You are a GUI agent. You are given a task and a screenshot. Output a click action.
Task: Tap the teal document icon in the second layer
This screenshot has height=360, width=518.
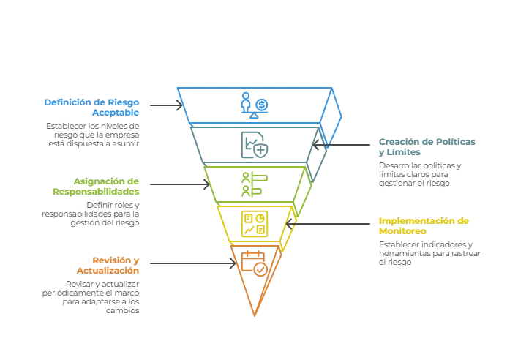[251, 144]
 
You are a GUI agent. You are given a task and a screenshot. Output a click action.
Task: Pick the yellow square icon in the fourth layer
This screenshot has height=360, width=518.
[254, 224]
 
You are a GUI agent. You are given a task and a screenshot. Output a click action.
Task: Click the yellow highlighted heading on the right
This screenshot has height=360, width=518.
[424, 225]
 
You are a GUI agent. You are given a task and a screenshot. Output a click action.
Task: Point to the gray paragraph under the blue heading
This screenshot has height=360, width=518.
[91, 135]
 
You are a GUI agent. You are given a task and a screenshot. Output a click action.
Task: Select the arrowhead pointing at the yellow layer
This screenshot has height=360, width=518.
[290, 223]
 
